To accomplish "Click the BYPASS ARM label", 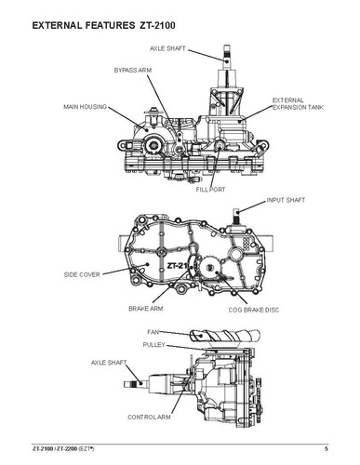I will (133, 70).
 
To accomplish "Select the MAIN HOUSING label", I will (83, 105).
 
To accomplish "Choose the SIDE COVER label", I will (83, 275).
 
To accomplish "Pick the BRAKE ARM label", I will (146, 307).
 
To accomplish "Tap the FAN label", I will (154, 331).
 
